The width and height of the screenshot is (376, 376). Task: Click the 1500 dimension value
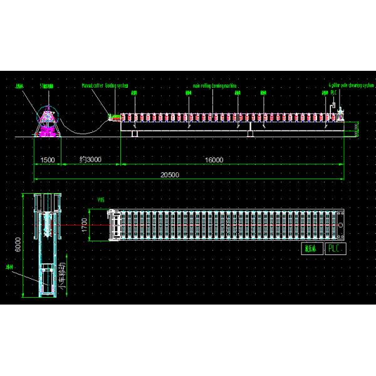point(48,160)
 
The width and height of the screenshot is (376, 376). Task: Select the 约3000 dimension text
point(90,160)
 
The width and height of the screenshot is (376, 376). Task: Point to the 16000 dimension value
point(213,160)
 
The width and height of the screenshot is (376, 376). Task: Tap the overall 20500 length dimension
point(169,175)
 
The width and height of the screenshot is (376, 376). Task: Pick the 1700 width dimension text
point(83,224)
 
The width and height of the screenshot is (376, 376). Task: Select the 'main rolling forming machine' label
point(215,86)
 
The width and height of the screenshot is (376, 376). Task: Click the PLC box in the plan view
point(336,248)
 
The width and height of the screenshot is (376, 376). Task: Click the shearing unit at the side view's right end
point(340,116)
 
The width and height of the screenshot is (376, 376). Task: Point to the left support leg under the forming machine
point(135,132)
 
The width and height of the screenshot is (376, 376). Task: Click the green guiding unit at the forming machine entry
point(115,117)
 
